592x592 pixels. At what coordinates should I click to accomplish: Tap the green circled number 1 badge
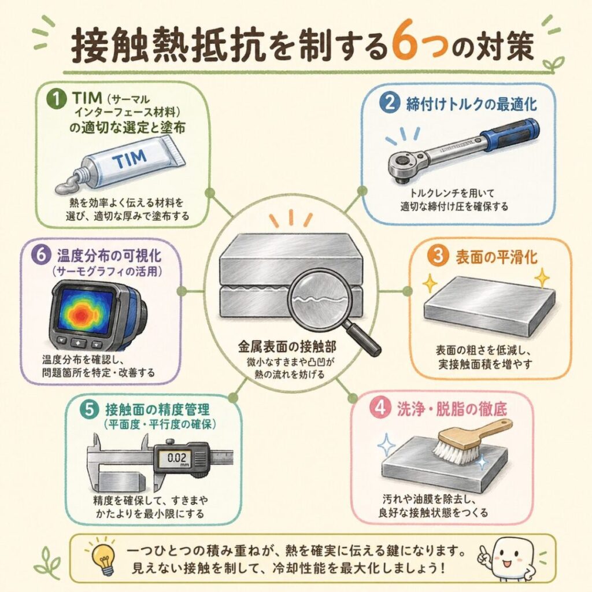point(56,99)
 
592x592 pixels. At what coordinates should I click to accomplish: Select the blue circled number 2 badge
point(390,103)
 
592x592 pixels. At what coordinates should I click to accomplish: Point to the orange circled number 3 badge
point(438,256)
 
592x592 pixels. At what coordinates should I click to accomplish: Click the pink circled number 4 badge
point(380,408)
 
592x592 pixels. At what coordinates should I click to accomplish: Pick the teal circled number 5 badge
point(90,409)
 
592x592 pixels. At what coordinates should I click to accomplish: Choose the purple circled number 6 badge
point(41,254)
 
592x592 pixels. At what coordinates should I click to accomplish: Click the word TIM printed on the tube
point(129,159)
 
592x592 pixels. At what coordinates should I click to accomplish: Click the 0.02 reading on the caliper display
point(177,458)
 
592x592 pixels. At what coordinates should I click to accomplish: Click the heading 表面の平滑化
point(496,257)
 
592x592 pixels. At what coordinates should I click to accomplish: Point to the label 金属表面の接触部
point(287,346)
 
